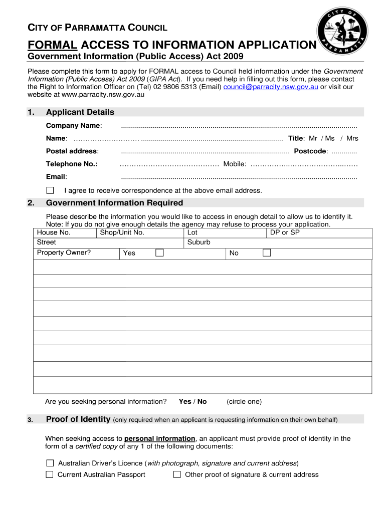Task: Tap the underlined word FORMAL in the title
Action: [52, 45]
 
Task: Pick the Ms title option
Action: [329, 138]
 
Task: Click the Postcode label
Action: [311, 151]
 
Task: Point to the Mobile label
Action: [235, 164]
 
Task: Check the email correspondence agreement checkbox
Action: [50, 190]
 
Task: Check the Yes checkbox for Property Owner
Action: [159, 252]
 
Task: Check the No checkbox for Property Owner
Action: [267, 252]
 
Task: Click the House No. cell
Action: [54, 232]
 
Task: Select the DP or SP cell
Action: [285, 232]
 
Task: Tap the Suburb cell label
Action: [199, 242]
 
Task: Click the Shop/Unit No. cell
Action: [122, 232]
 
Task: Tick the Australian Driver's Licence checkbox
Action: [50, 463]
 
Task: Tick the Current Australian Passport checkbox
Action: [50, 474]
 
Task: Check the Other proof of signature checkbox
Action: [177, 474]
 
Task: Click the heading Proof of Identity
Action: [78, 419]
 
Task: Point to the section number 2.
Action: [31, 203]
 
